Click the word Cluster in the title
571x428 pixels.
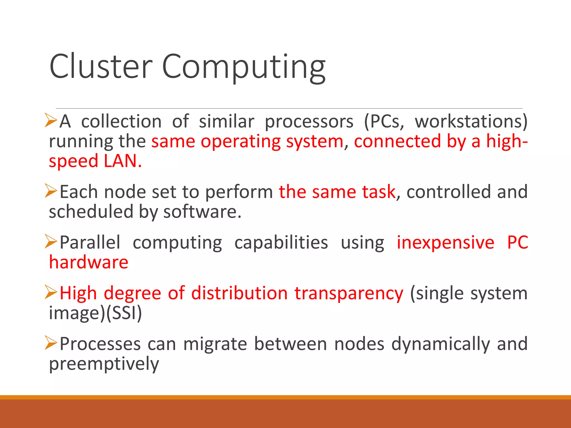101,66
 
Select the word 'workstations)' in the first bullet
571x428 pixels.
471,121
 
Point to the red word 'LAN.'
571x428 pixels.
123,161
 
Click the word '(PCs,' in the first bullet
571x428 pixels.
384,121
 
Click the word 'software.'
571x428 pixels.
202,212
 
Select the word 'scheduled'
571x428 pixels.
91,212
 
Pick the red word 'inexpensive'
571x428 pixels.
445,242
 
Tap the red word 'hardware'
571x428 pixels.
89,262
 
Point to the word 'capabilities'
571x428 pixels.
281,242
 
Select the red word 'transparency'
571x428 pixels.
349,293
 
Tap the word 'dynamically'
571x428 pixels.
441,344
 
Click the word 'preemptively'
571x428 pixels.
104,364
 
